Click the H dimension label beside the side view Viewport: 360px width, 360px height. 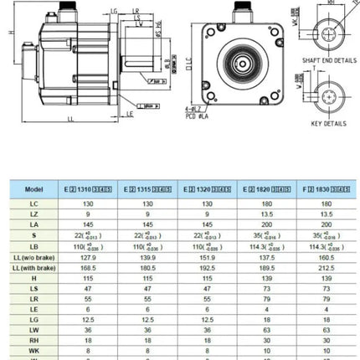point(8,32)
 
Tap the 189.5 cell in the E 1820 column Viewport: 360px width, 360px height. point(265,269)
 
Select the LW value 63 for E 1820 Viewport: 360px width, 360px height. point(265,329)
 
